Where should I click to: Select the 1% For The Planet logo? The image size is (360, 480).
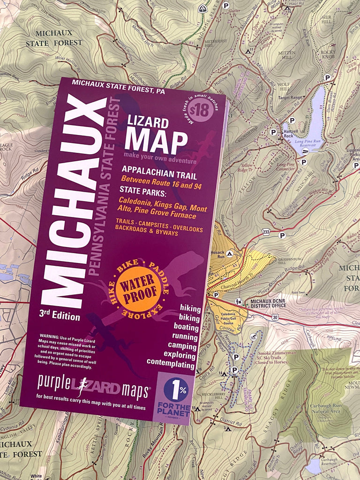176,396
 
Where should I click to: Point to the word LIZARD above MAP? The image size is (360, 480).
148,123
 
